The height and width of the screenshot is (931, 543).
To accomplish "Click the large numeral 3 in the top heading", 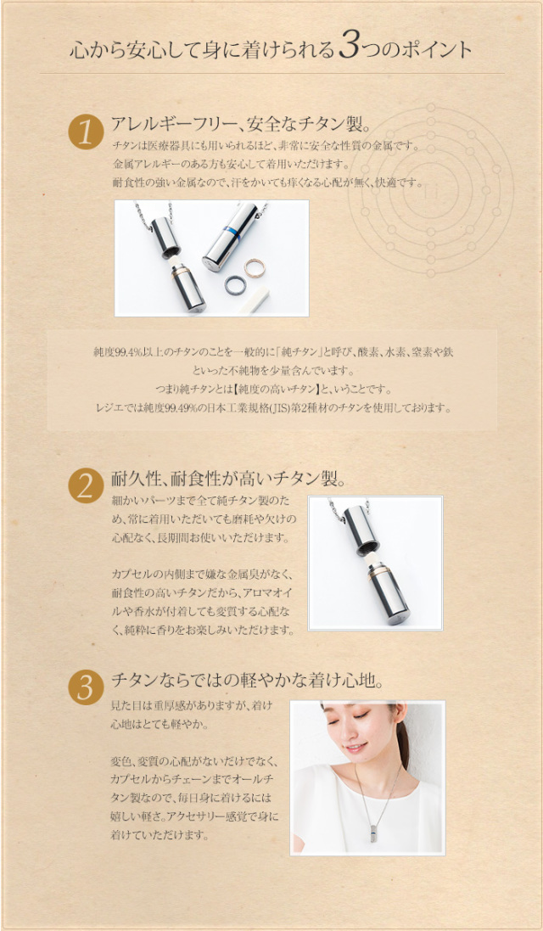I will coord(350,48).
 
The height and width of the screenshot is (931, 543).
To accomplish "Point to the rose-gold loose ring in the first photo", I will coord(255,269).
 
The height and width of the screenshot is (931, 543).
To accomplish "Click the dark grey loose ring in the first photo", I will coord(234,287).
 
